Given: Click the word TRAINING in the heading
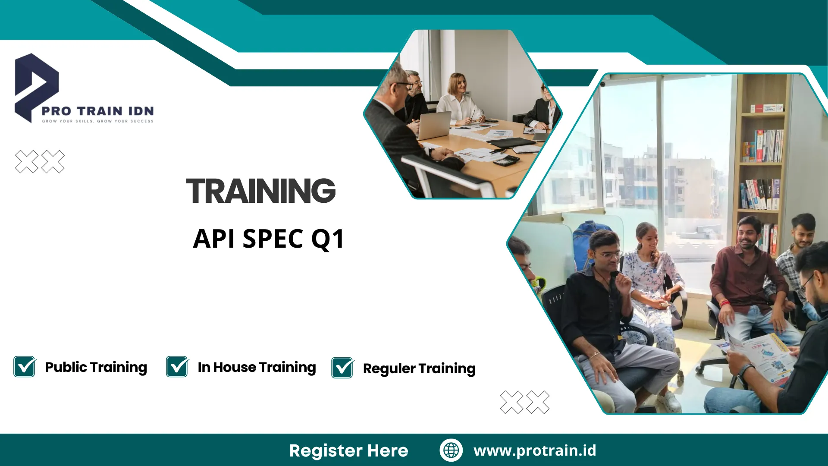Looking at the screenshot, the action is click(261, 191).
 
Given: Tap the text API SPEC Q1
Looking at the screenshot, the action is click(269, 239).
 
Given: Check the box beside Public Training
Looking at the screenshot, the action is click(25, 367).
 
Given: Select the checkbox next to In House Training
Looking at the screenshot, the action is click(177, 367).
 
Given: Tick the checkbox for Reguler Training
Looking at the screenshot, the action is click(343, 368).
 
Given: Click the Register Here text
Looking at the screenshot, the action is click(348, 451).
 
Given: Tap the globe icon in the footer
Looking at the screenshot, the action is click(451, 450).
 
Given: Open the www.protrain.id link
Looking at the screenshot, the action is click(535, 450).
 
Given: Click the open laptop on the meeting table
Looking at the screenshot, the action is click(434, 126).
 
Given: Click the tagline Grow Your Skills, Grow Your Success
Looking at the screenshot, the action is click(97, 121).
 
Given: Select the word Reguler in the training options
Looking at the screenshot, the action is click(389, 369).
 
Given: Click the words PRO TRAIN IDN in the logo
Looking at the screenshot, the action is click(97, 111).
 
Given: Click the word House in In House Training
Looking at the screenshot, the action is click(235, 367).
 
